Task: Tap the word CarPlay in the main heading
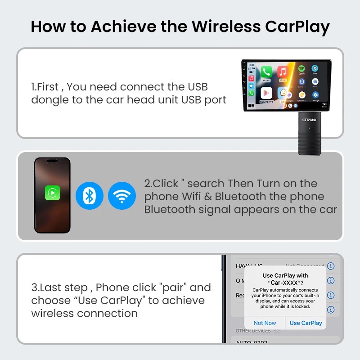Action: click(297, 27)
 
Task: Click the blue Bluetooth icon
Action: click(90, 196)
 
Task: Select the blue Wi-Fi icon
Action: click(122, 196)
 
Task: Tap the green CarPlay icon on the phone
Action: click(52, 193)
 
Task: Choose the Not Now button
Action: click(265, 323)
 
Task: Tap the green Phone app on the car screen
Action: click(266, 72)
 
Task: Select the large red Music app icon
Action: click(283, 72)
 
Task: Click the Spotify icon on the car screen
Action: click(301, 69)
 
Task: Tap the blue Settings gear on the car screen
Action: click(315, 95)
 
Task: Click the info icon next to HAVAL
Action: click(331, 266)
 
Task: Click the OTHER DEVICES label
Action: click(253, 331)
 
